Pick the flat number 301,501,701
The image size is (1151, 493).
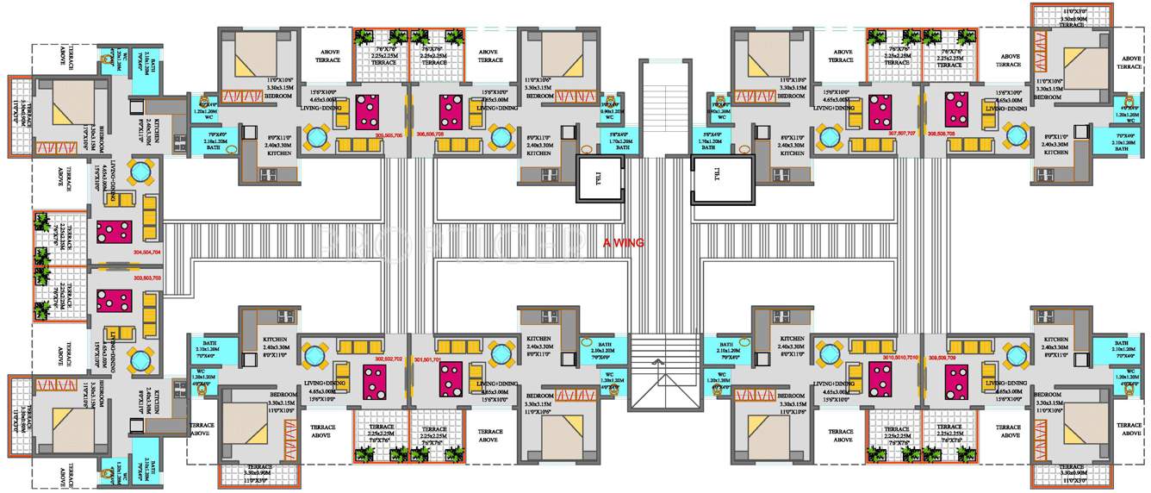click(427, 358)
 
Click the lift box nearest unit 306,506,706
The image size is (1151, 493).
click(600, 179)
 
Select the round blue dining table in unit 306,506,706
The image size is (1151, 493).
click(500, 137)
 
